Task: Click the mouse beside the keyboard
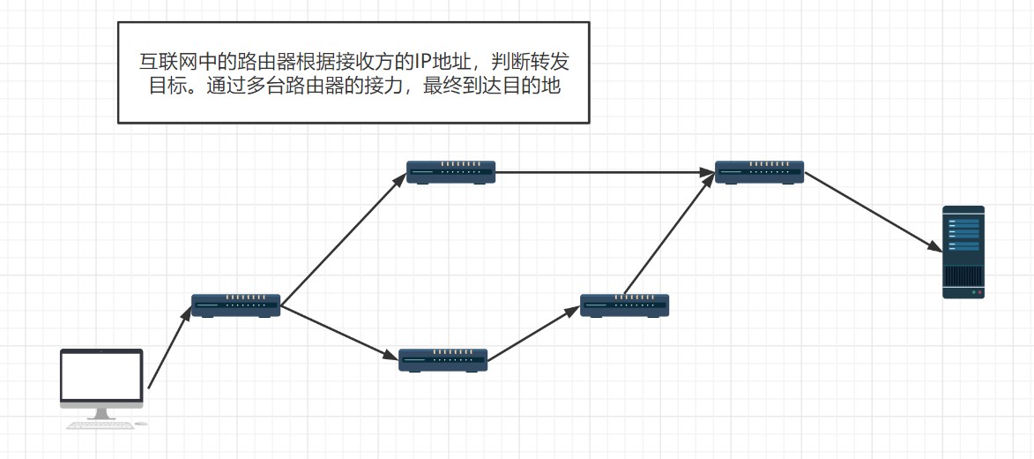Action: tap(141, 424)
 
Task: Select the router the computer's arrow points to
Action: tap(235, 305)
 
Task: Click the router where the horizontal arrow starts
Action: tap(450, 171)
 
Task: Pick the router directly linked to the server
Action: tap(759, 171)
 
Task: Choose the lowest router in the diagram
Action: tap(443, 359)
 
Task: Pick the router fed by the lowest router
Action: tap(624, 305)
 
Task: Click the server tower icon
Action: tap(963, 252)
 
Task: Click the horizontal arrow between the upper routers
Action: tap(605, 172)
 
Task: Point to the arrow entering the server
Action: tap(873, 211)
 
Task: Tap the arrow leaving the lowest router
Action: tap(533, 335)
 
